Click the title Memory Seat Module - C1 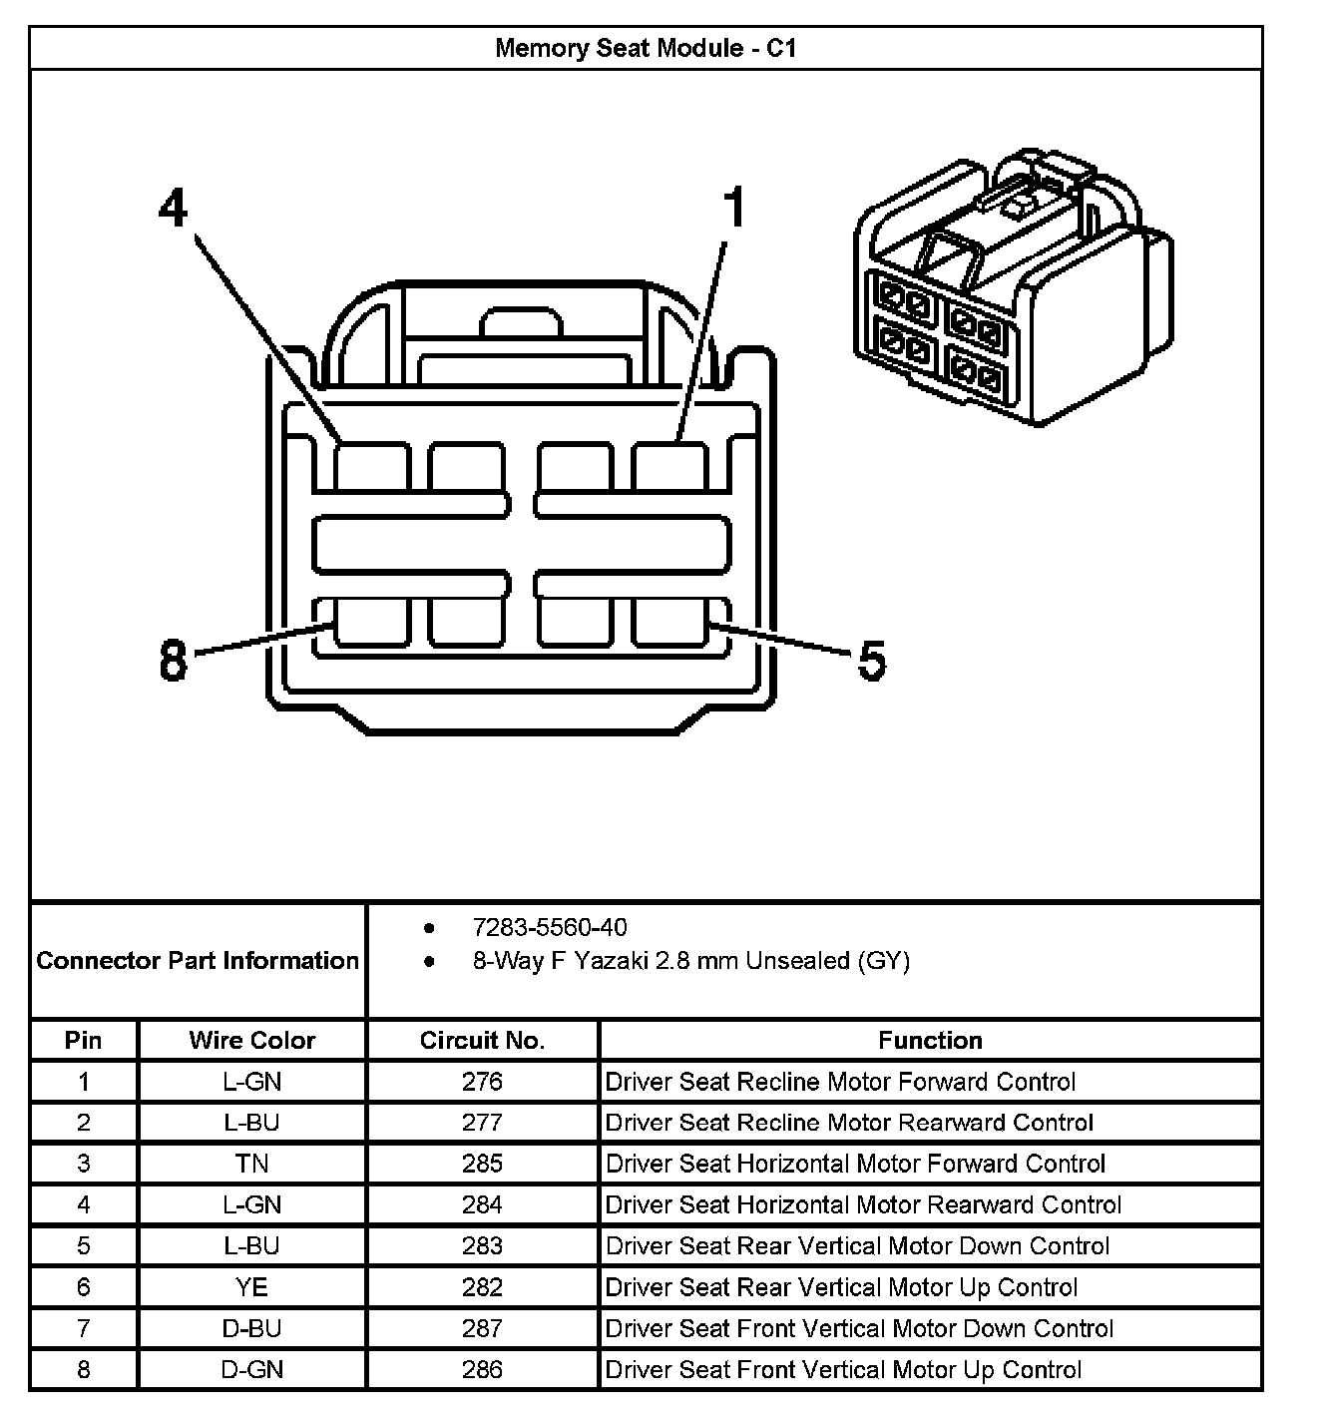point(646,48)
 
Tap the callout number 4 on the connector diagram point(173,211)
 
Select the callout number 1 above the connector point(733,211)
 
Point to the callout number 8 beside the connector point(173,661)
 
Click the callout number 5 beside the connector point(871,661)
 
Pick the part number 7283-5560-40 point(550,928)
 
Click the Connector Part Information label point(198,961)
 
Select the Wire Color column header point(251,1041)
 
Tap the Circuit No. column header point(482,1041)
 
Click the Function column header point(930,1041)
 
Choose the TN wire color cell point(251,1164)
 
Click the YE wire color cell point(251,1287)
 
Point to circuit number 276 point(482,1082)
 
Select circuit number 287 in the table point(482,1328)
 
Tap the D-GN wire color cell point(251,1369)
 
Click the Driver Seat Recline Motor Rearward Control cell point(849,1123)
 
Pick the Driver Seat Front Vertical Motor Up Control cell point(843,1369)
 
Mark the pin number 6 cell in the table point(84,1287)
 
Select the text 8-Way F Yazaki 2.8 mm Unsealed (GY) point(690,961)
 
